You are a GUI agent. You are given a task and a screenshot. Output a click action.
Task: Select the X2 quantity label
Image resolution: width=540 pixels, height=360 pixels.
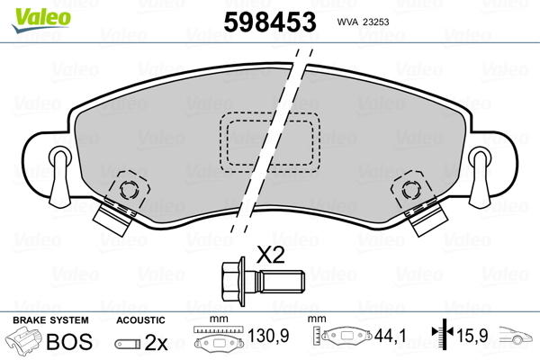(271, 255)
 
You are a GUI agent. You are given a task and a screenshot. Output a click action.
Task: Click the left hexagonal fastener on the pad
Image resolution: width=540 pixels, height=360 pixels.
(128, 191)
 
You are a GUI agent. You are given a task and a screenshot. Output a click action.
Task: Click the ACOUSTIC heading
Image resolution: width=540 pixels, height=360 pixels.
(140, 320)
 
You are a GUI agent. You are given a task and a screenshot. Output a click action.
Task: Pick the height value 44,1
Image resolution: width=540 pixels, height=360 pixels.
(390, 337)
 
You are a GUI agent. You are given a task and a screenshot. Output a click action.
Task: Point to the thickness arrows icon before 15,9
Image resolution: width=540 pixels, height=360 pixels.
(442, 337)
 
